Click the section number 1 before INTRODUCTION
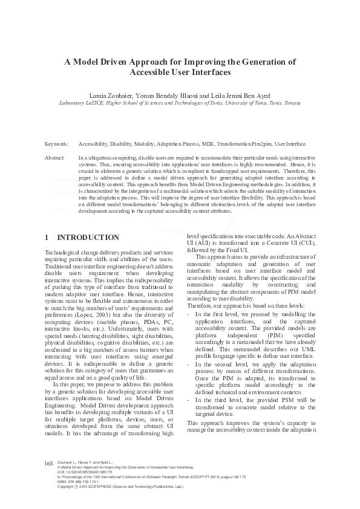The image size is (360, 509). point(48,237)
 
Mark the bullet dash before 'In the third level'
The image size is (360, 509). point(190,400)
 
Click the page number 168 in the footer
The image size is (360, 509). point(50,463)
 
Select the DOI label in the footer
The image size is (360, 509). point(59,472)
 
